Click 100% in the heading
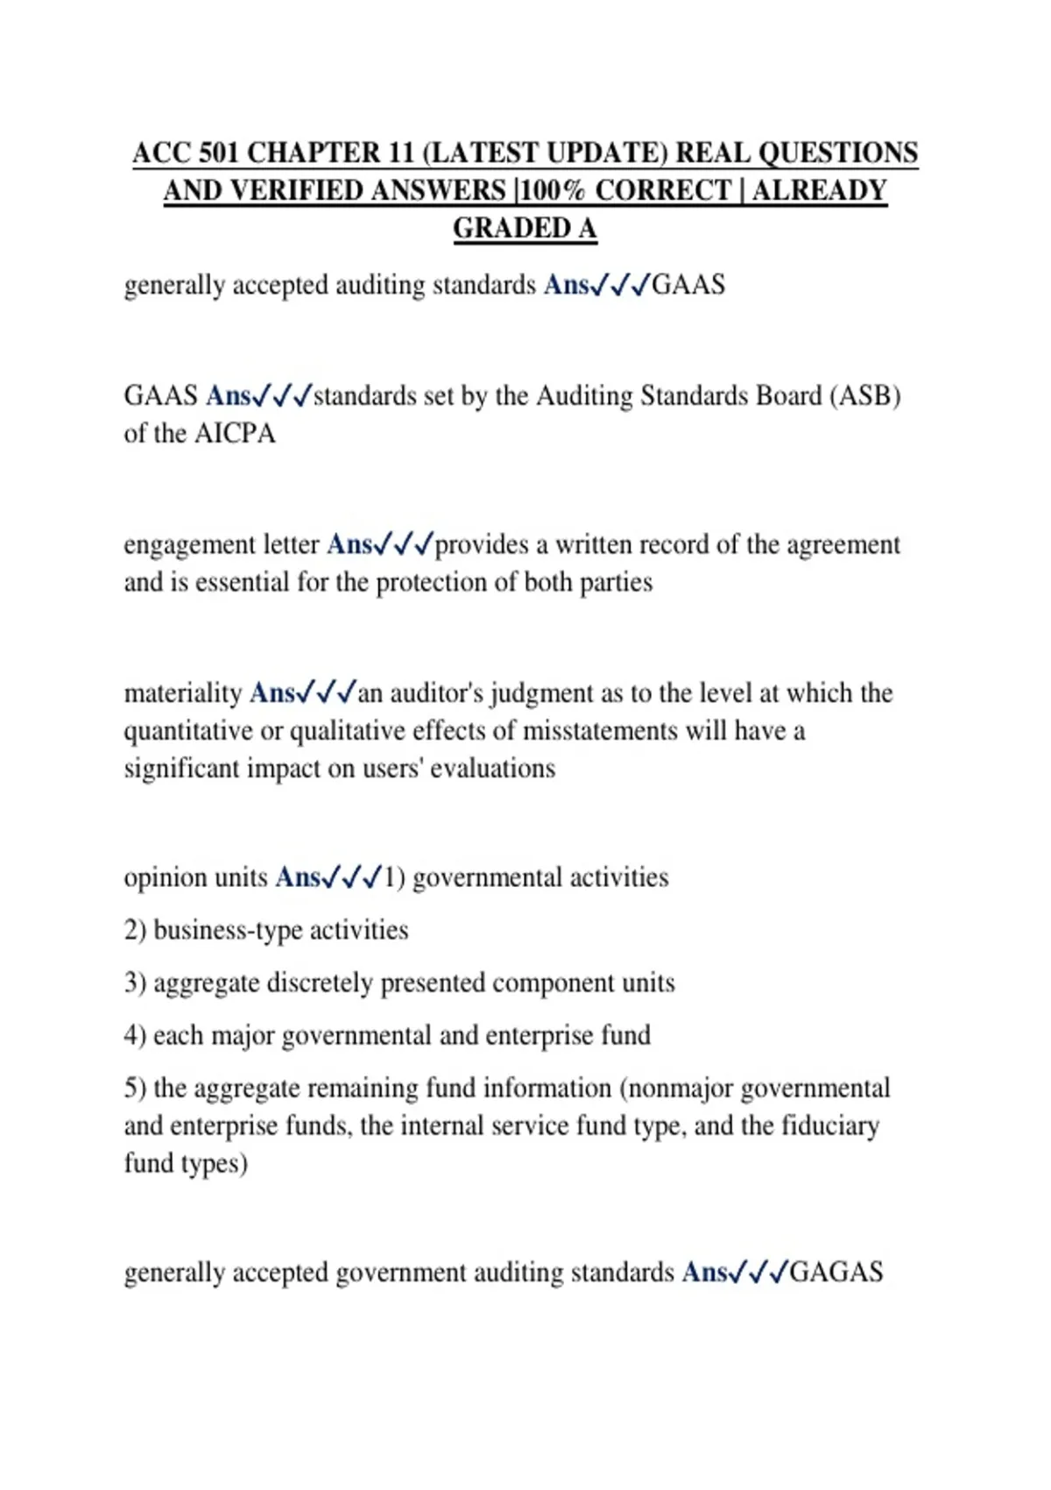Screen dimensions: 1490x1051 pos(551,191)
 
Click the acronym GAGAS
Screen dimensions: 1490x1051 pos(836,1272)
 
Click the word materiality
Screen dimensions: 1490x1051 pos(182,693)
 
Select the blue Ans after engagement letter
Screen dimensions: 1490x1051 pos(349,545)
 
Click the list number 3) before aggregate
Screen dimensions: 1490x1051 pos(135,983)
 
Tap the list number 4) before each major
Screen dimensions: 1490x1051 pos(135,1035)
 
